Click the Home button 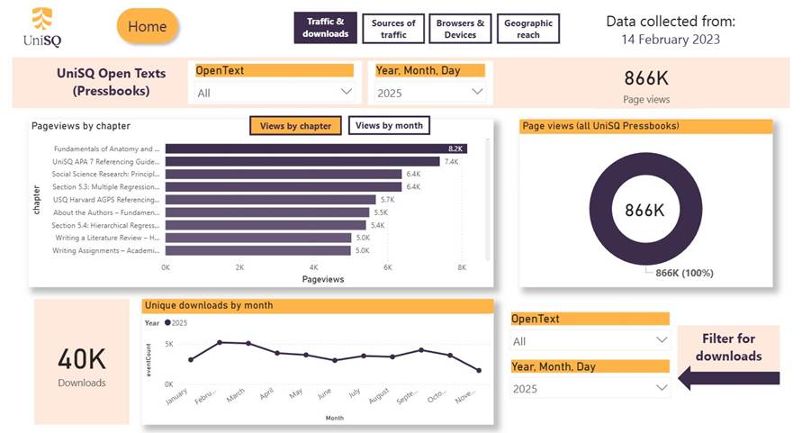(x=148, y=27)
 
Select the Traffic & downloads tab (x=325, y=29)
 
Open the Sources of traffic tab (x=393, y=29)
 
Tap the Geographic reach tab (x=528, y=29)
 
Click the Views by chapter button (x=295, y=126)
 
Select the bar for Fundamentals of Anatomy (x=315, y=149)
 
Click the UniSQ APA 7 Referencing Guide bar (x=302, y=161)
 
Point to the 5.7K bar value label (x=388, y=200)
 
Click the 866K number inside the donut (x=645, y=210)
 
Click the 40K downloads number (x=82, y=359)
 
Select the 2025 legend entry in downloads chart (x=176, y=322)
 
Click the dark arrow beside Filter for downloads (x=702, y=377)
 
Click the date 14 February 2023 (x=670, y=40)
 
